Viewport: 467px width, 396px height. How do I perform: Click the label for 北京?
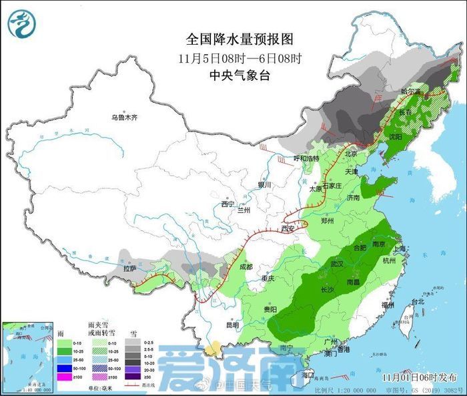pyautogui.click(x=352, y=154)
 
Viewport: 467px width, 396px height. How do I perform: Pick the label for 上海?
pyautogui.click(x=401, y=248)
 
